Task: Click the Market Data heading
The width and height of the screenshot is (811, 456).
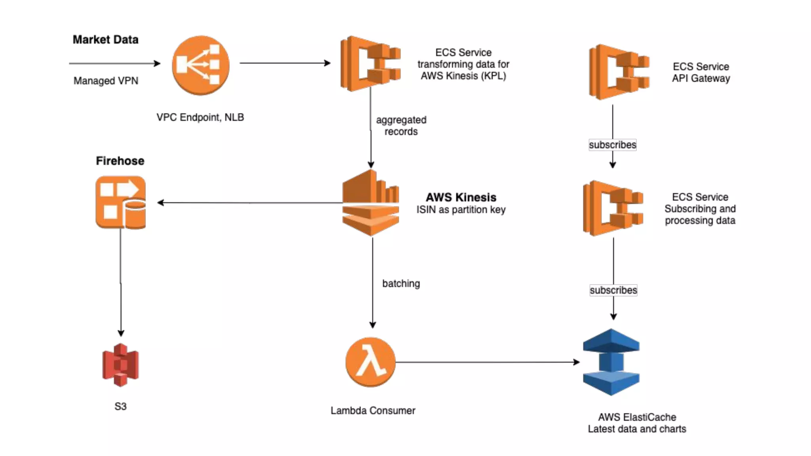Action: [105, 40]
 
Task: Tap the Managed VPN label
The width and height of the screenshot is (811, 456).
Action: [106, 81]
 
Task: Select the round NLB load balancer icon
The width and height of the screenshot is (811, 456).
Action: [200, 65]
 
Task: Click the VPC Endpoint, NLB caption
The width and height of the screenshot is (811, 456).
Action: [200, 117]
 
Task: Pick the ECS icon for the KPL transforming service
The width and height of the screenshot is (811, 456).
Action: [371, 63]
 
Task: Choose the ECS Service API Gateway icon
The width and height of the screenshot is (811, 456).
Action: [619, 72]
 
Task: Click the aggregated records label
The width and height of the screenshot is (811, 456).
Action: [401, 125]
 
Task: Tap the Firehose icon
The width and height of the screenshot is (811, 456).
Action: [121, 202]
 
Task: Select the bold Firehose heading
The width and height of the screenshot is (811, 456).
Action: [120, 161]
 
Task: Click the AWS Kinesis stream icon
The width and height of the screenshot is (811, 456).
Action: [371, 203]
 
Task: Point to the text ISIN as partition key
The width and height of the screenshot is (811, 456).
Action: [461, 209]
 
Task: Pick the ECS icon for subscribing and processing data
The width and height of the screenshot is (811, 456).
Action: [613, 208]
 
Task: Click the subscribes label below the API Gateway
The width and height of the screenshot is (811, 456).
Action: [613, 145]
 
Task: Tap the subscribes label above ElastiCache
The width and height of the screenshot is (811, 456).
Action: [613, 290]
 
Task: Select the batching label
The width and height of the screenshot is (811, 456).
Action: [401, 283]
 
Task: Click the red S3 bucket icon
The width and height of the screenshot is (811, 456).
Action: [120, 365]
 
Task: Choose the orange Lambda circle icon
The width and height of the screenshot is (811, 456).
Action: [371, 362]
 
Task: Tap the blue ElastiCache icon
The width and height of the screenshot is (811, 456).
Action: [611, 362]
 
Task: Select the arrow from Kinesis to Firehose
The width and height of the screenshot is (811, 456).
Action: [250, 203]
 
